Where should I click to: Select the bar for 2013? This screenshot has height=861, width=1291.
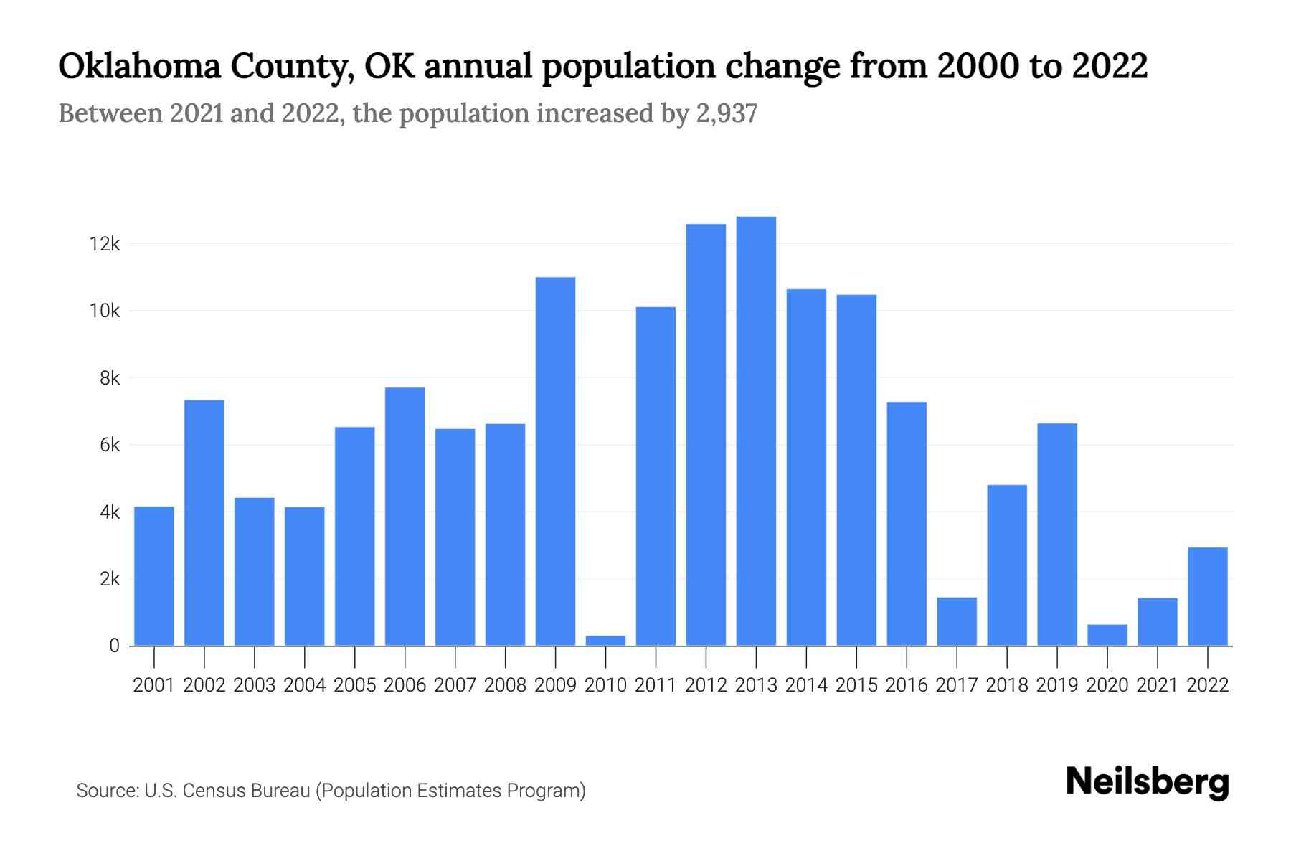click(x=756, y=430)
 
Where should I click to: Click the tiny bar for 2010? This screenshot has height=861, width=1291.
click(x=605, y=640)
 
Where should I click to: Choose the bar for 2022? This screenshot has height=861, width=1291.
click(x=1207, y=596)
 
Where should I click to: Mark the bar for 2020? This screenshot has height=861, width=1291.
click(x=1107, y=635)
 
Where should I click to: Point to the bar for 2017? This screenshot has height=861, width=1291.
click(x=957, y=621)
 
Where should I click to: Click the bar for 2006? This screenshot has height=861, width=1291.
click(x=405, y=517)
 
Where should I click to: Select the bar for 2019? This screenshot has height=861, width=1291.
click(x=1056, y=535)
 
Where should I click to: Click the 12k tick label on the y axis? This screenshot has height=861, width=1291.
click(x=105, y=244)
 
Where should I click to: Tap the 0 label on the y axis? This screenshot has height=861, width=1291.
click(x=114, y=646)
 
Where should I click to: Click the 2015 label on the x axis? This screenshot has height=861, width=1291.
click(x=856, y=685)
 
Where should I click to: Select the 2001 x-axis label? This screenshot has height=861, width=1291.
click(x=154, y=685)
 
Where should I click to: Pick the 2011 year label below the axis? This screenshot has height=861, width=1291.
click(x=656, y=685)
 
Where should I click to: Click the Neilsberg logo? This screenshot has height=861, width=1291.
click(x=1147, y=781)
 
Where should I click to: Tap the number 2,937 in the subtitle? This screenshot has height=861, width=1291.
click(x=727, y=113)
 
